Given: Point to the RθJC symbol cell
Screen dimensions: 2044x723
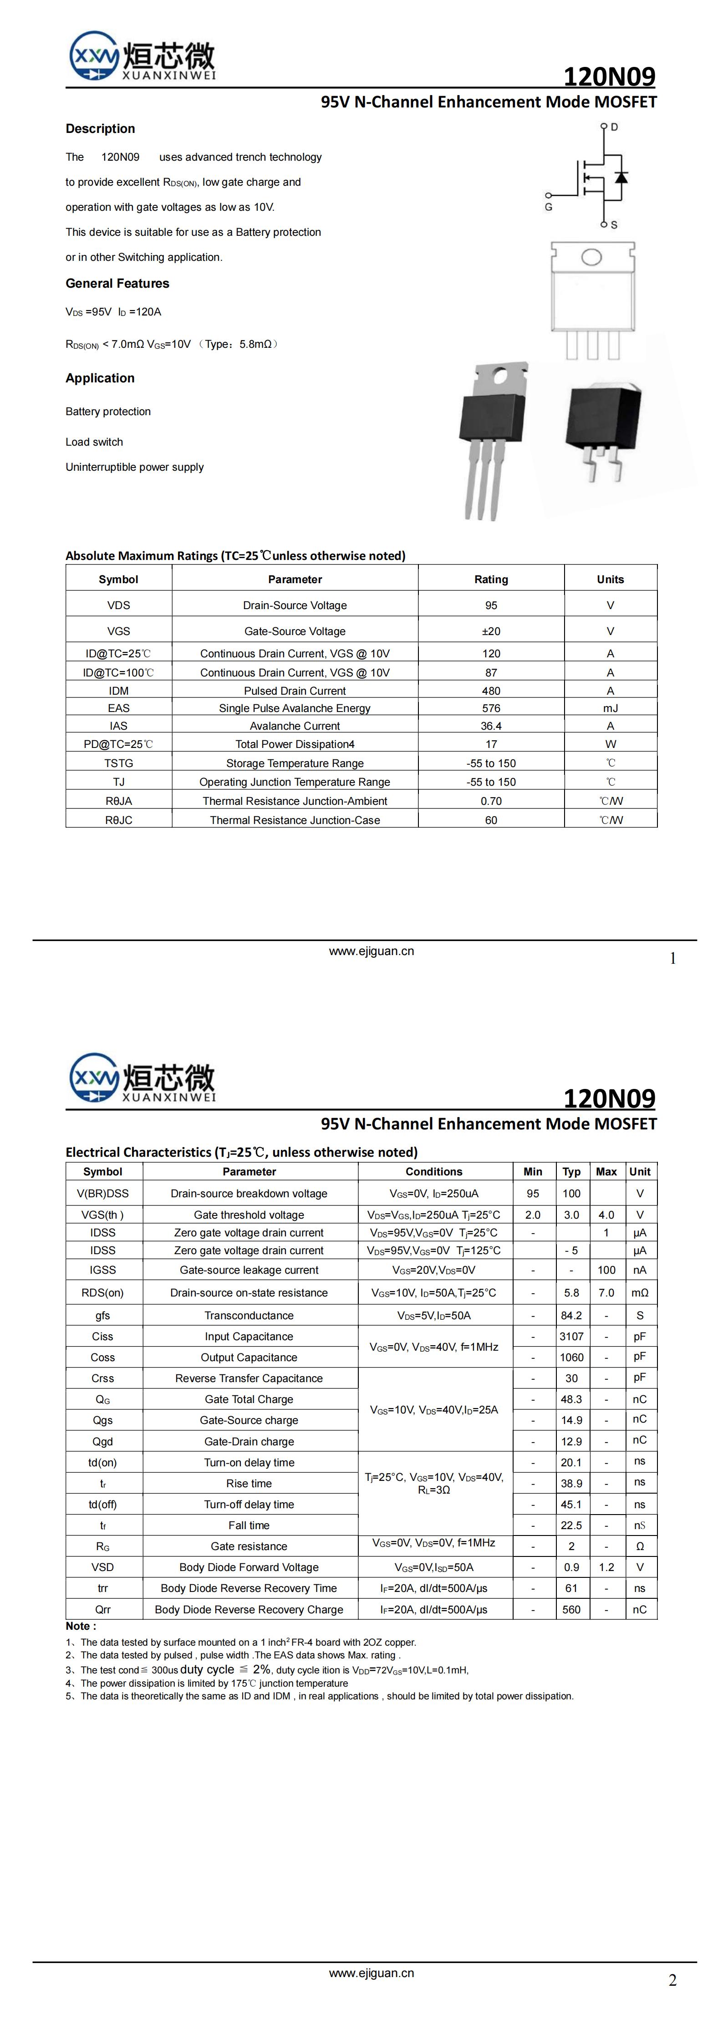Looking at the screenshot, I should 118,820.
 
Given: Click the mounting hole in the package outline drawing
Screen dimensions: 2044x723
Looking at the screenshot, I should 591,257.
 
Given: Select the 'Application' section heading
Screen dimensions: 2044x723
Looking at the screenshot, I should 100,378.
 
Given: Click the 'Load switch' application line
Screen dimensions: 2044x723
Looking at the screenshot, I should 94,442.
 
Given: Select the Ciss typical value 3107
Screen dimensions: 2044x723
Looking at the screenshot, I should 571,1336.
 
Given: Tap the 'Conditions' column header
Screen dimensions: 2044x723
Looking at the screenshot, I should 433,1171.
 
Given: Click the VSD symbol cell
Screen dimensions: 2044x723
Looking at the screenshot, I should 102,1567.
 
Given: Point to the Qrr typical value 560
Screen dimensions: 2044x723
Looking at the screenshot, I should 571,1609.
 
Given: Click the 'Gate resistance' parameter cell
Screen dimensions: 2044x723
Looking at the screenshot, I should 249,1546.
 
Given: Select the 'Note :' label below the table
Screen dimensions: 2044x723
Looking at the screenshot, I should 81,1626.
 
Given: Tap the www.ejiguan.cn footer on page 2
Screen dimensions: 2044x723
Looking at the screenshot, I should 372,1973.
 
